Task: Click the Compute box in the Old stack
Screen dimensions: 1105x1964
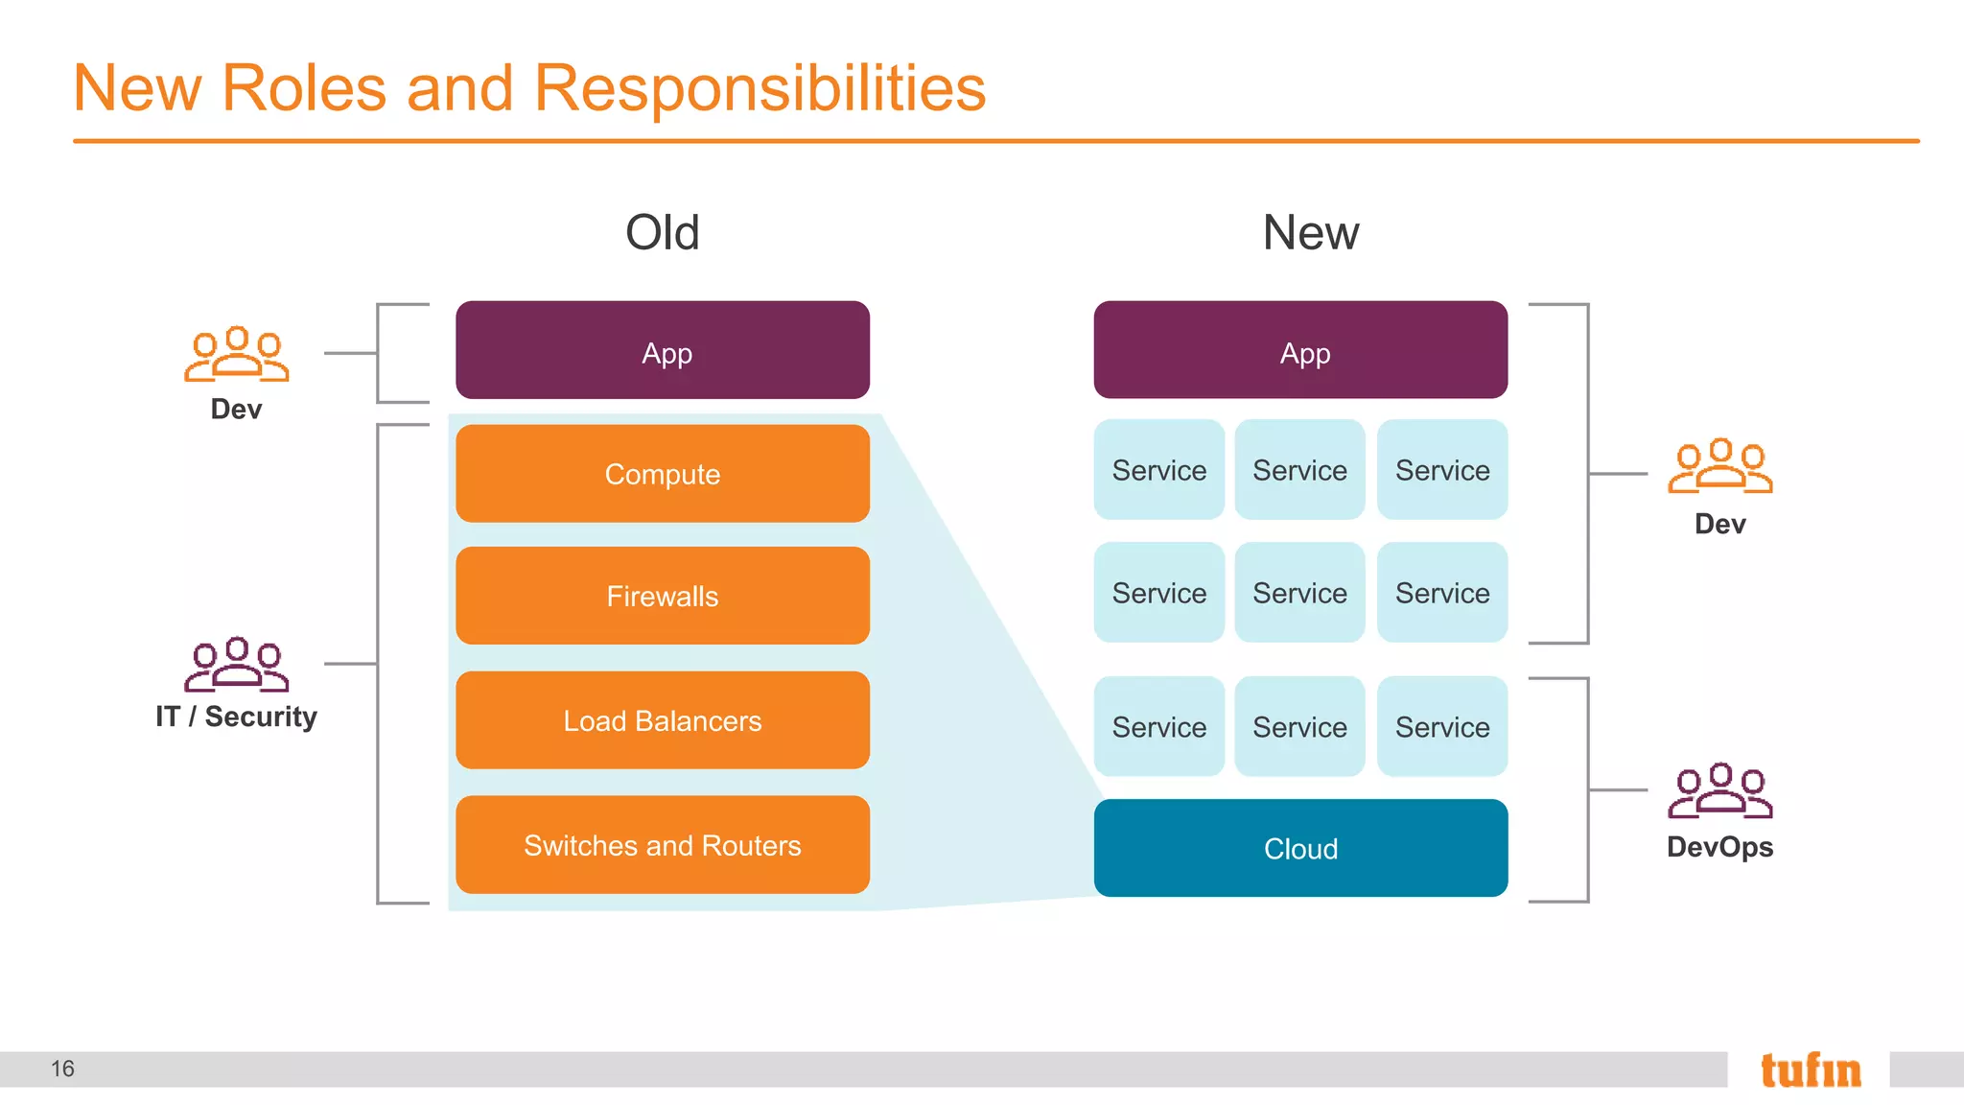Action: (x=663, y=474)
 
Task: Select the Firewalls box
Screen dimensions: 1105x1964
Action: (x=663, y=596)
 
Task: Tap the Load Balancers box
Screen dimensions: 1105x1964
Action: (x=663, y=720)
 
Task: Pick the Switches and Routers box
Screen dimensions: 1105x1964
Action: (x=663, y=845)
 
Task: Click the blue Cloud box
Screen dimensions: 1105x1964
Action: (x=1300, y=848)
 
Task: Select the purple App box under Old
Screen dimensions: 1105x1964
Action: (x=663, y=351)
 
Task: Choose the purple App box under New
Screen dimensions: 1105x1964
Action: (x=1300, y=351)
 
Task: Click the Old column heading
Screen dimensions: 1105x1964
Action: (x=662, y=233)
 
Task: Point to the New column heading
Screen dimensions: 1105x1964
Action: (x=1310, y=233)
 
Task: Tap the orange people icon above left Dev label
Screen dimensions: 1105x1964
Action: (x=236, y=354)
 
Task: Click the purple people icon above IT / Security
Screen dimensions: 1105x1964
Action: (x=236, y=664)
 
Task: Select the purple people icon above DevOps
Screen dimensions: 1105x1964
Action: (x=1719, y=790)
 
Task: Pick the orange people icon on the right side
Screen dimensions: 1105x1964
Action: (x=1719, y=466)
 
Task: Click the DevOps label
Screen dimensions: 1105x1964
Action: (x=1719, y=847)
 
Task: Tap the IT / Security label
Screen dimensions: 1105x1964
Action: (x=236, y=717)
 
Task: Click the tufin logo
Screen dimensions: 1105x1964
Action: (x=1810, y=1070)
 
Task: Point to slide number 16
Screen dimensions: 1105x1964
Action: (x=62, y=1069)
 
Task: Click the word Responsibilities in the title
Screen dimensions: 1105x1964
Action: (x=759, y=88)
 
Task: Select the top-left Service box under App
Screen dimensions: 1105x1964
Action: (x=1158, y=470)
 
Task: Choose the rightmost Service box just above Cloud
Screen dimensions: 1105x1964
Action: (x=1441, y=727)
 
